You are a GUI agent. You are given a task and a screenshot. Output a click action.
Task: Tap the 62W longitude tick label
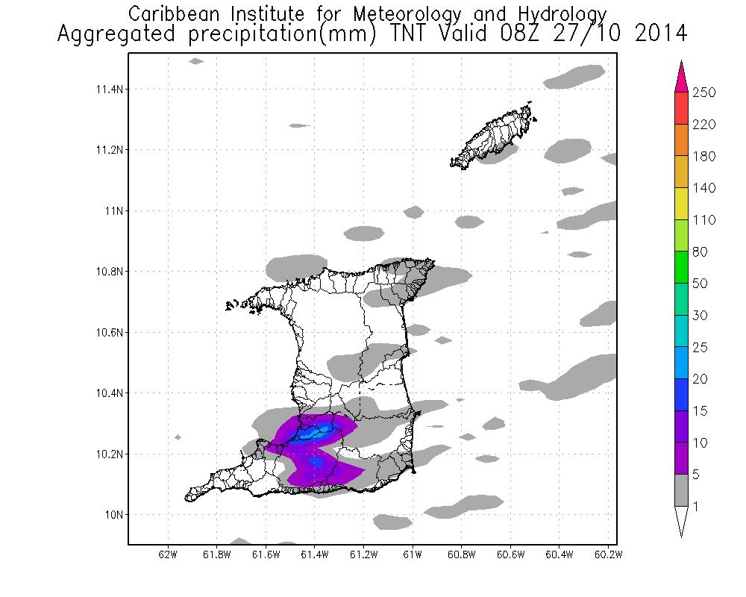[x=168, y=554]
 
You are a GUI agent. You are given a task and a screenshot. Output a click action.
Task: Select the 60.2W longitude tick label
[x=609, y=554]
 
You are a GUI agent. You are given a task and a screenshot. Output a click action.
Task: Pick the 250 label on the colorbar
[x=704, y=93]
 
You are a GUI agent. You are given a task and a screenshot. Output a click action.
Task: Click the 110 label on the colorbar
[x=704, y=220]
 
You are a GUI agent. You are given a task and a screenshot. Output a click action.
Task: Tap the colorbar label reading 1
[x=697, y=507]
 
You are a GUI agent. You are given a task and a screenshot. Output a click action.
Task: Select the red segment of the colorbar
[x=680, y=107]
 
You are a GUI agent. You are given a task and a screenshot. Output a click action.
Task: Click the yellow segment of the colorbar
[x=680, y=203]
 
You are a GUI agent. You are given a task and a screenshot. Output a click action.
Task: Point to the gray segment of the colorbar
[x=680, y=490]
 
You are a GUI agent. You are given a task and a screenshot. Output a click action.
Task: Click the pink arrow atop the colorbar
[x=680, y=77]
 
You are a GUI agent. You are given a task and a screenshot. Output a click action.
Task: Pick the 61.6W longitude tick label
[x=266, y=554]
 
